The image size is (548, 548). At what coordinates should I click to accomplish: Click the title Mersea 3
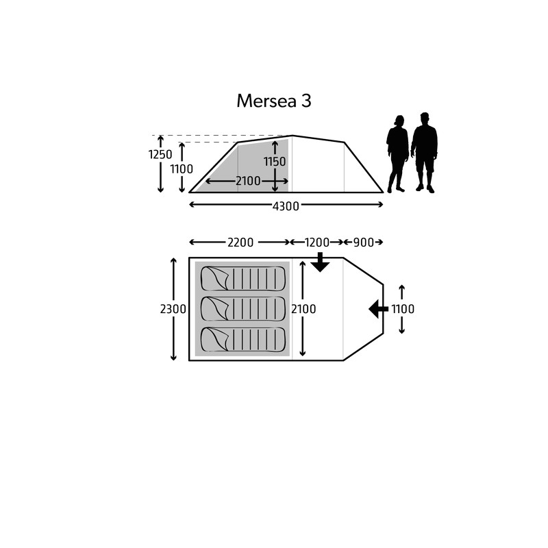coord(273,101)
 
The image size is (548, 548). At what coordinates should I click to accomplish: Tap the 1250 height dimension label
coord(160,155)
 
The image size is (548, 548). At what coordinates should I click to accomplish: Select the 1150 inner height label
coord(275,162)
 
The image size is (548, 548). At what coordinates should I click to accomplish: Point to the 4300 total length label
coord(286,206)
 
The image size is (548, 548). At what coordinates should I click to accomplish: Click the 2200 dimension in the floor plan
coord(240,242)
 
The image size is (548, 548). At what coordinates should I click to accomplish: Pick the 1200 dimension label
coord(317,242)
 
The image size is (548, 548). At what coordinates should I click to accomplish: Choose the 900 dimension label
coord(364,242)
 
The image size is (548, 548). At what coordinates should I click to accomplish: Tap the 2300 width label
coord(173,309)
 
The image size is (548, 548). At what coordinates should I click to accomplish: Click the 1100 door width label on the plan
coord(403,309)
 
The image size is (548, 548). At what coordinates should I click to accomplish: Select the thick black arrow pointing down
coord(320,262)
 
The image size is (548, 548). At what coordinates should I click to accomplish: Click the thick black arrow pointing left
coord(379,309)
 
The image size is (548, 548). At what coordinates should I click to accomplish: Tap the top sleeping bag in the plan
coord(243,279)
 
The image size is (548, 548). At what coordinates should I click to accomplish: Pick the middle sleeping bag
coord(243,309)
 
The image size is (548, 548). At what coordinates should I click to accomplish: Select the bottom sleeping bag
coord(243,339)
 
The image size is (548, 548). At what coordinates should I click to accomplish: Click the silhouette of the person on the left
coord(397,153)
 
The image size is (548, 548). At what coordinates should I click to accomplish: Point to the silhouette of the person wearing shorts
coord(424,153)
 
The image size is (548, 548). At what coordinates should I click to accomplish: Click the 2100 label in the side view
coord(248,181)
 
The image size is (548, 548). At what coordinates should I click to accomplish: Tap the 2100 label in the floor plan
coord(303,309)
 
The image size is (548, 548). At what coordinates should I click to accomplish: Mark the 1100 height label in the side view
coord(182,169)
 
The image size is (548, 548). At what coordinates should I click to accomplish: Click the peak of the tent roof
coord(292,136)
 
